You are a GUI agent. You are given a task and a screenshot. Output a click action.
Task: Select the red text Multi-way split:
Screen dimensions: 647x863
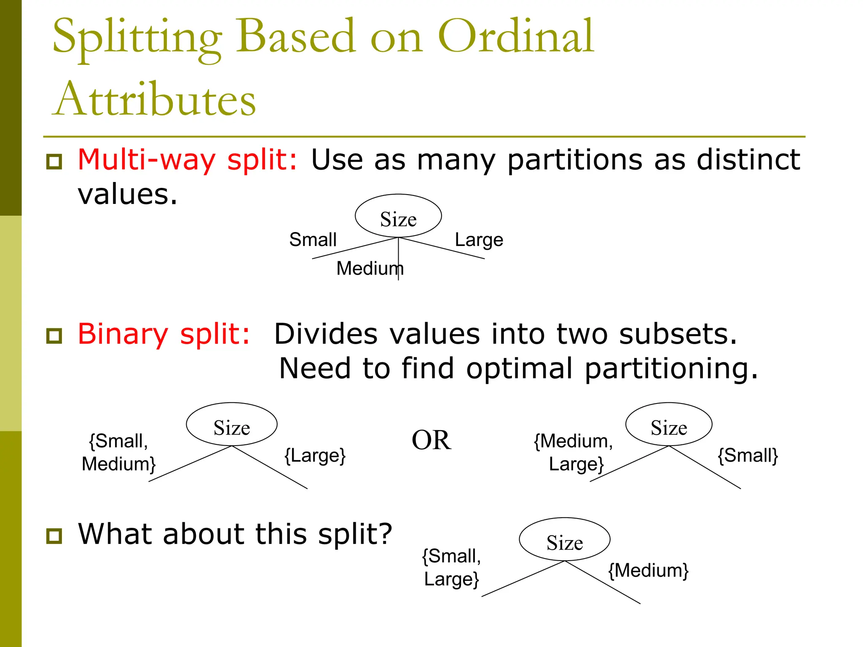pos(188,160)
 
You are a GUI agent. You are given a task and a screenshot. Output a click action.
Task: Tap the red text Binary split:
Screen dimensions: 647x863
pos(164,334)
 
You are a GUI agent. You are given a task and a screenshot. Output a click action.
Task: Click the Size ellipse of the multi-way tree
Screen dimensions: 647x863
pos(398,216)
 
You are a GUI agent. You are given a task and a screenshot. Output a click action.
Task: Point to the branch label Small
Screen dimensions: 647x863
pos(313,240)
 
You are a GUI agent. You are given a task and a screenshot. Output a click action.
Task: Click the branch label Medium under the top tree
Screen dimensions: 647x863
pos(369,268)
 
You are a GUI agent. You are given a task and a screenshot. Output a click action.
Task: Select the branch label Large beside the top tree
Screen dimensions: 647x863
pos(479,240)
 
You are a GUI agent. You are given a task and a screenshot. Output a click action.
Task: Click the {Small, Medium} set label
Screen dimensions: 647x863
pos(119,453)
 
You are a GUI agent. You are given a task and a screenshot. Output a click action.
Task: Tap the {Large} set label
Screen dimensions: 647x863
pos(315,456)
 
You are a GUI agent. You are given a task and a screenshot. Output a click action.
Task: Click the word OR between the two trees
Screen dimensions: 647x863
pos(431,440)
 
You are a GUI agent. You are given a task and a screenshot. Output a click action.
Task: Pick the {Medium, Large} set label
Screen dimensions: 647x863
pos(574,453)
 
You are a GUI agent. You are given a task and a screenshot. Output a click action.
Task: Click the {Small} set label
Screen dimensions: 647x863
pos(748,456)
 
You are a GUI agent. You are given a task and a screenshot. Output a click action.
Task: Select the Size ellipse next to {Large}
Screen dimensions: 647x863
pos(232,425)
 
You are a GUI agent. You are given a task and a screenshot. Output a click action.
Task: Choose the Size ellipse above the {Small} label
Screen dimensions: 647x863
pos(669,425)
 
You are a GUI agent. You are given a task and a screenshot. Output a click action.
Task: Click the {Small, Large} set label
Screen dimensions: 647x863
pos(451,568)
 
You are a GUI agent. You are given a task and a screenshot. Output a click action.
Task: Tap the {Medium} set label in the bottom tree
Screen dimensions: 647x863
pos(648,571)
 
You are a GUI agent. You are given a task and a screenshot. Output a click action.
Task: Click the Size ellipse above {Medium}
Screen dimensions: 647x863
pos(565,540)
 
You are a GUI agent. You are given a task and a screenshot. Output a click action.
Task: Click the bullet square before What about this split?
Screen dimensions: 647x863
pos(54,536)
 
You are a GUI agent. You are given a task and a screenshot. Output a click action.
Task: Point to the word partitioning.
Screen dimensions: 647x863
pos(671,369)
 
